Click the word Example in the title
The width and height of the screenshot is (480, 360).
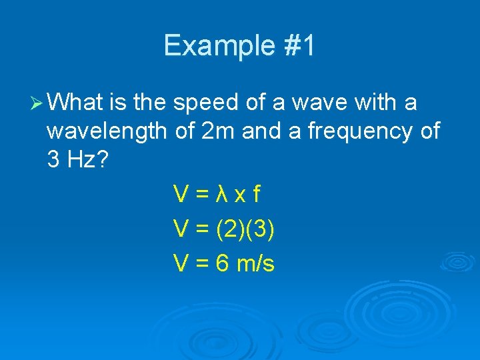point(217,46)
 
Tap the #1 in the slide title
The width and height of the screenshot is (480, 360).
point(297,46)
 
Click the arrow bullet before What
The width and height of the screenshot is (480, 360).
point(36,103)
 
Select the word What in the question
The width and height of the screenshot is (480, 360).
point(75,103)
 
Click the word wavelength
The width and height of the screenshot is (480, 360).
point(107,131)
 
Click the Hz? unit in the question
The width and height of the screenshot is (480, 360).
point(86,160)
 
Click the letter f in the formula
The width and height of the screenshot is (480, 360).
point(256,195)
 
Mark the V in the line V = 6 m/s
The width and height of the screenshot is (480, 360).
point(179,264)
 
